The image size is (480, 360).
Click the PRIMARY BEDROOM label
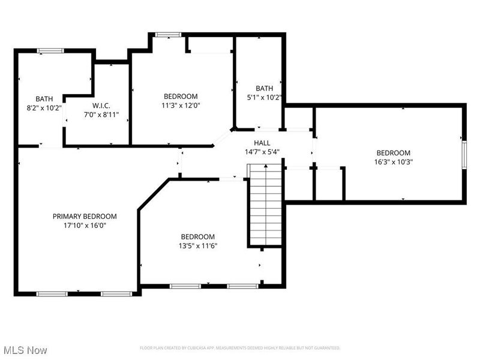tap(85, 217)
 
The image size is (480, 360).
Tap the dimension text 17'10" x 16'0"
tap(85, 226)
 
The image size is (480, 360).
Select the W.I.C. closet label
tap(101, 105)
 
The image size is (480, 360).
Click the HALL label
tap(262, 143)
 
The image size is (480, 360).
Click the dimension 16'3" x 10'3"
tap(393, 161)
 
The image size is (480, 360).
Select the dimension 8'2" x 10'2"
tap(43, 108)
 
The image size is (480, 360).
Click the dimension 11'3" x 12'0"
tap(181, 105)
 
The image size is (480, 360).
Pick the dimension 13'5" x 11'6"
tap(197, 245)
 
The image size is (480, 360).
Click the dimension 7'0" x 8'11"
tap(101, 114)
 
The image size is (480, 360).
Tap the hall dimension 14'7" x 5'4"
tap(262, 152)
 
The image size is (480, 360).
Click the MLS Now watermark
tap(25, 350)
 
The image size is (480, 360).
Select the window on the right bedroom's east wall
tap(463, 152)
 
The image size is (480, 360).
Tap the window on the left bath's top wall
tap(51, 51)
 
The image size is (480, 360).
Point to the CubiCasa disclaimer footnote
tap(240, 348)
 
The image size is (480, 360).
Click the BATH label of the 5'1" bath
tap(264, 88)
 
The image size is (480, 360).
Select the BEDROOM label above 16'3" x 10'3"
tap(393, 153)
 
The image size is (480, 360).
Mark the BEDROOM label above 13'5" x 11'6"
tap(197, 236)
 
